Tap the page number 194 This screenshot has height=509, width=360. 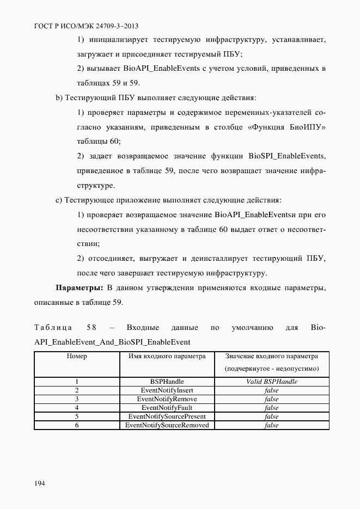click(x=40, y=483)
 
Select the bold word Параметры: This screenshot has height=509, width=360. click(x=80, y=287)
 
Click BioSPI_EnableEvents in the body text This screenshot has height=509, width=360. click(x=286, y=156)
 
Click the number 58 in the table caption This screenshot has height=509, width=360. click(x=91, y=328)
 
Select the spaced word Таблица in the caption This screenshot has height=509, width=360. click(x=53, y=328)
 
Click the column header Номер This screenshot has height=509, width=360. click(x=77, y=357)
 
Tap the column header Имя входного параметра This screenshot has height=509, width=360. click(x=167, y=357)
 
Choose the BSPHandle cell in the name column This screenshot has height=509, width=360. click(x=167, y=382)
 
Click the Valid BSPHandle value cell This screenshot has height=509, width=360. click(x=271, y=382)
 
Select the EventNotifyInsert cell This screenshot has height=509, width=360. click(x=167, y=391)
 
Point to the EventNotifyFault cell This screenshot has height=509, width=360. click(x=167, y=408)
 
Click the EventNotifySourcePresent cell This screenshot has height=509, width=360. click(x=167, y=416)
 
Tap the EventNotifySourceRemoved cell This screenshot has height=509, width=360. click(x=167, y=425)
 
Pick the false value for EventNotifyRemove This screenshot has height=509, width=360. click(x=271, y=399)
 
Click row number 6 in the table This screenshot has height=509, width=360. click(x=77, y=425)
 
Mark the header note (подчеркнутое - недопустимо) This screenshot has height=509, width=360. click(x=271, y=369)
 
